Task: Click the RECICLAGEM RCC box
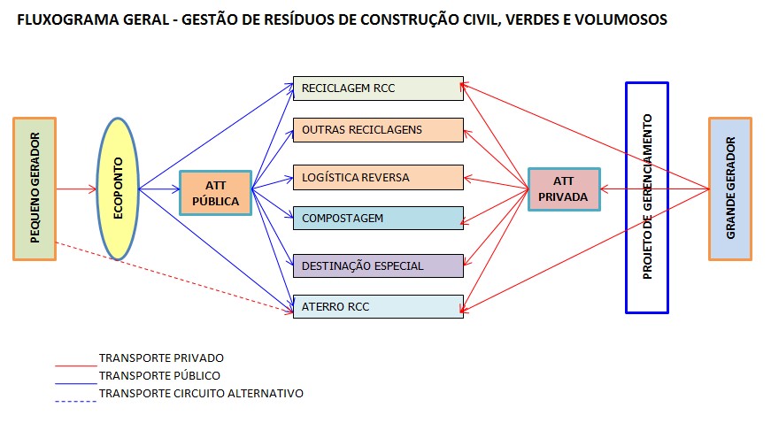click(378, 88)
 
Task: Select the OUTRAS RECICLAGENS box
click(378, 130)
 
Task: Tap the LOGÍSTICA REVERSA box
click(378, 177)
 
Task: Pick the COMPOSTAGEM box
click(378, 218)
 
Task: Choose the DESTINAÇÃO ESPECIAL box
click(378, 265)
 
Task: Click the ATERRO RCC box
click(378, 306)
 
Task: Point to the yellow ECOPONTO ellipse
click(117, 188)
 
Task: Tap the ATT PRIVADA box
click(563, 189)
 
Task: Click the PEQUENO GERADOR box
click(35, 188)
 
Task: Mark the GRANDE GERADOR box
click(730, 188)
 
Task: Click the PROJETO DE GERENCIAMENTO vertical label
click(647, 196)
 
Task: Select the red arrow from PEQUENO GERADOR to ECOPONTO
click(75, 188)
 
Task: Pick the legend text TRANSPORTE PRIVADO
click(161, 358)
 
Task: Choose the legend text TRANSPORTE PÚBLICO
click(159, 375)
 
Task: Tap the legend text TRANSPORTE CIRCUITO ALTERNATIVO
click(201, 393)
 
